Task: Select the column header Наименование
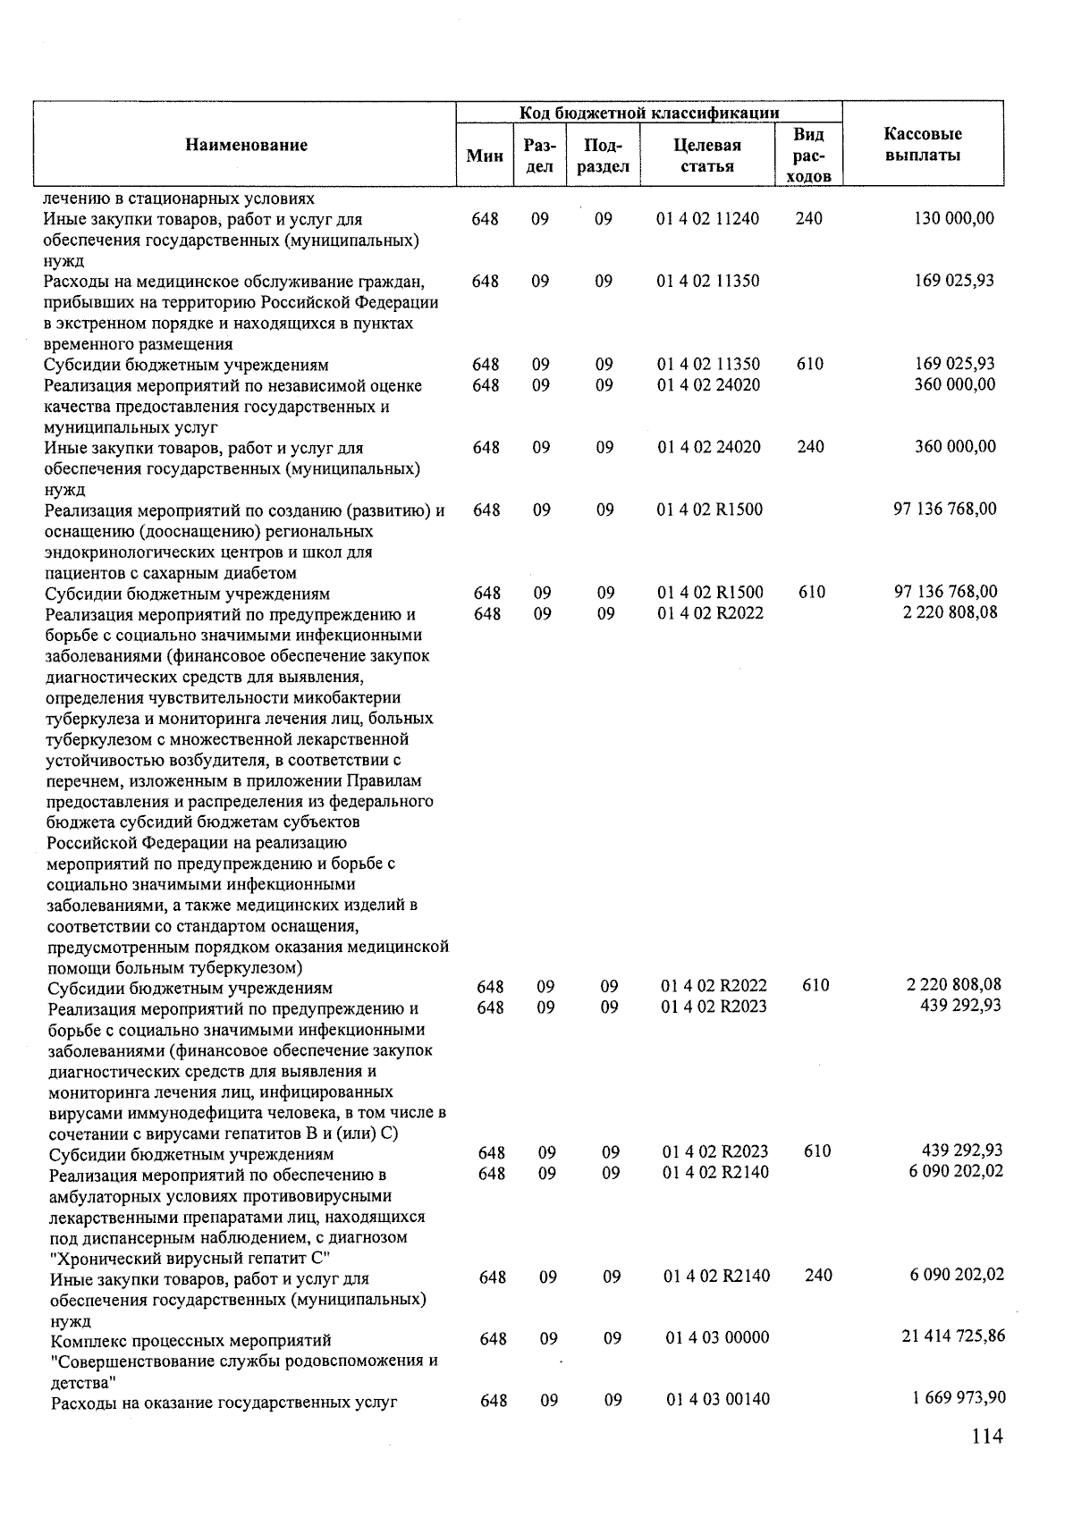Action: click(x=246, y=146)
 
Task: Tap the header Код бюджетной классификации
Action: click(x=649, y=113)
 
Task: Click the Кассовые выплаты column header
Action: click(x=923, y=145)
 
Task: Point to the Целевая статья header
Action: click(x=707, y=156)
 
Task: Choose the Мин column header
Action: click(x=485, y=156)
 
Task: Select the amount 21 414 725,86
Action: click(x=952, y=1336)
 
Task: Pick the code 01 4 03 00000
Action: click(x=717, y=1338)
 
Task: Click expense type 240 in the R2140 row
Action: click(x=818, y=1276)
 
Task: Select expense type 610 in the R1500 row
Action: click(x=812, y=593)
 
